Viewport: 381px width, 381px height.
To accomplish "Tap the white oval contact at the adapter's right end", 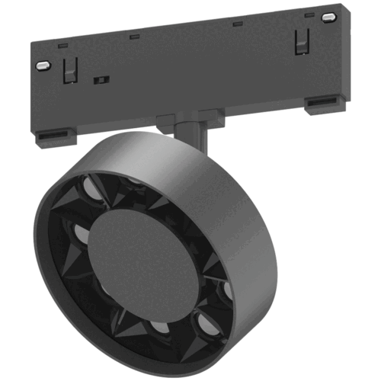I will (328, 16).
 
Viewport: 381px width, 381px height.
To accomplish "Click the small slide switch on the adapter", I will (98, 78).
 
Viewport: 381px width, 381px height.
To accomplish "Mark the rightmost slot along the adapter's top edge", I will (308, 14).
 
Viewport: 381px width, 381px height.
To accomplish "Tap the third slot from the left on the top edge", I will (237, 22).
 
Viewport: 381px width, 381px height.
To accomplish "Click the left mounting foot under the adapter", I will (56, 137).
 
